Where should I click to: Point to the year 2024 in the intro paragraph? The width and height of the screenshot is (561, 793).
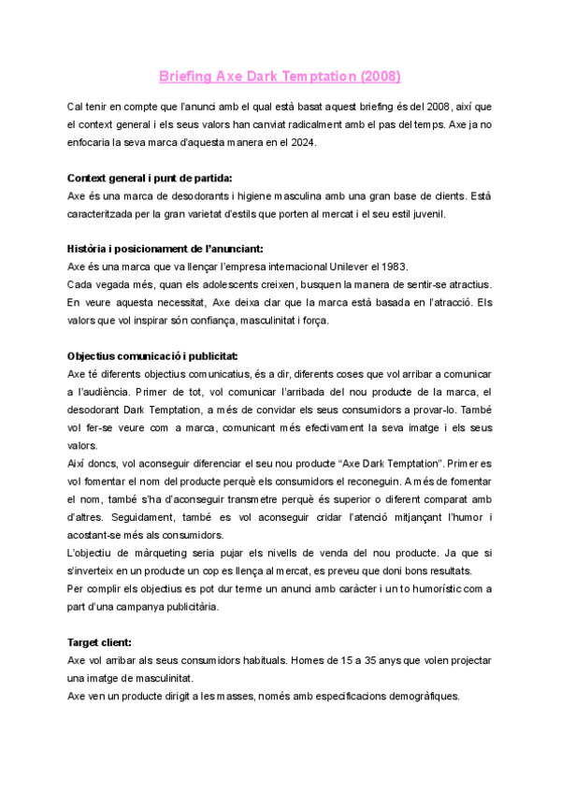click(x=305, y=142)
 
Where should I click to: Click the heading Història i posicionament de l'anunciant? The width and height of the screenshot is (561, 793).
click(x=166, y=248)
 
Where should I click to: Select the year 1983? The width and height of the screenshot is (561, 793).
click(x=395, y=267)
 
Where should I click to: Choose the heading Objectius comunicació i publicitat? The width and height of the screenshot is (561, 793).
click(x=152, y=355)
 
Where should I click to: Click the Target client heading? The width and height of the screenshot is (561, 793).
click(x=99, y=642)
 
